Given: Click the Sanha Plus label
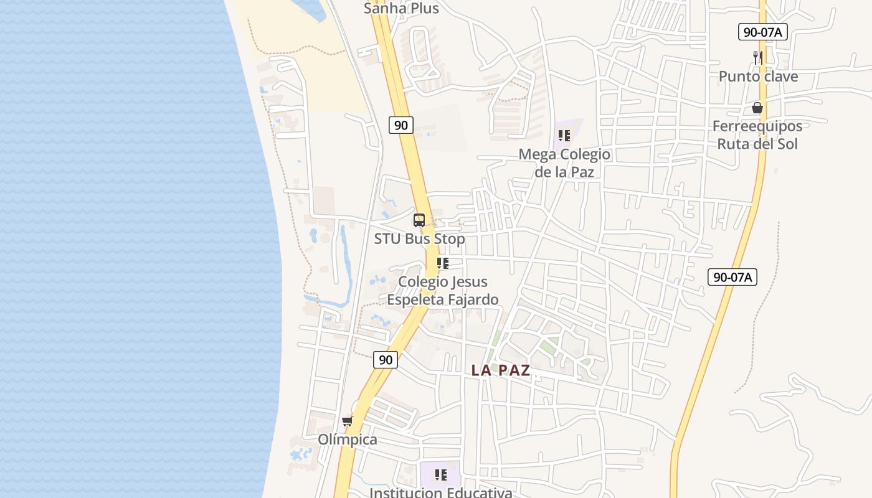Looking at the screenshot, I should (401, 8).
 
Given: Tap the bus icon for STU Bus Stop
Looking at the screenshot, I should (419, 220).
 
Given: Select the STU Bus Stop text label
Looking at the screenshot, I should (419, 239).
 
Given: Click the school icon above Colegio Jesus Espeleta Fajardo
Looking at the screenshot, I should (442, 263).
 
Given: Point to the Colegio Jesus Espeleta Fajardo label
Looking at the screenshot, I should (442, 291).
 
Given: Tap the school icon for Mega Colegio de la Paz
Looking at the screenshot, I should (564, 135).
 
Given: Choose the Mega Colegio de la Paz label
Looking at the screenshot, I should (564, 162).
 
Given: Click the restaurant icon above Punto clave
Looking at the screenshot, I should (758, 58).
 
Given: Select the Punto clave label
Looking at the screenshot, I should (758, 77).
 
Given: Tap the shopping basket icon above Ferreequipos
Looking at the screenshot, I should (757, 108).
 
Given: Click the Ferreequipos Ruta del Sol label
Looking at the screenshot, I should (757, 135).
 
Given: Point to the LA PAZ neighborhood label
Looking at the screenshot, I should (501, 370).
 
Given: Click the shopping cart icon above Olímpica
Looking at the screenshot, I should (348, 421).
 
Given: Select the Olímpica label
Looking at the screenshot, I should (348, 440).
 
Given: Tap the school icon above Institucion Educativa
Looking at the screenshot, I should (441, 476).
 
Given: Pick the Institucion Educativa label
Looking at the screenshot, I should (441, 492).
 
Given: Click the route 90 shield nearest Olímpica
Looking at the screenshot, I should (386, 360).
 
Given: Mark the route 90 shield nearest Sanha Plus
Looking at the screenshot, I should (401, 125).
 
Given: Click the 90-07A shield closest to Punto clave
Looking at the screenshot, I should (763, 32).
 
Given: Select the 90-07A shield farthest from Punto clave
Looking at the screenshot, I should (732, 277).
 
